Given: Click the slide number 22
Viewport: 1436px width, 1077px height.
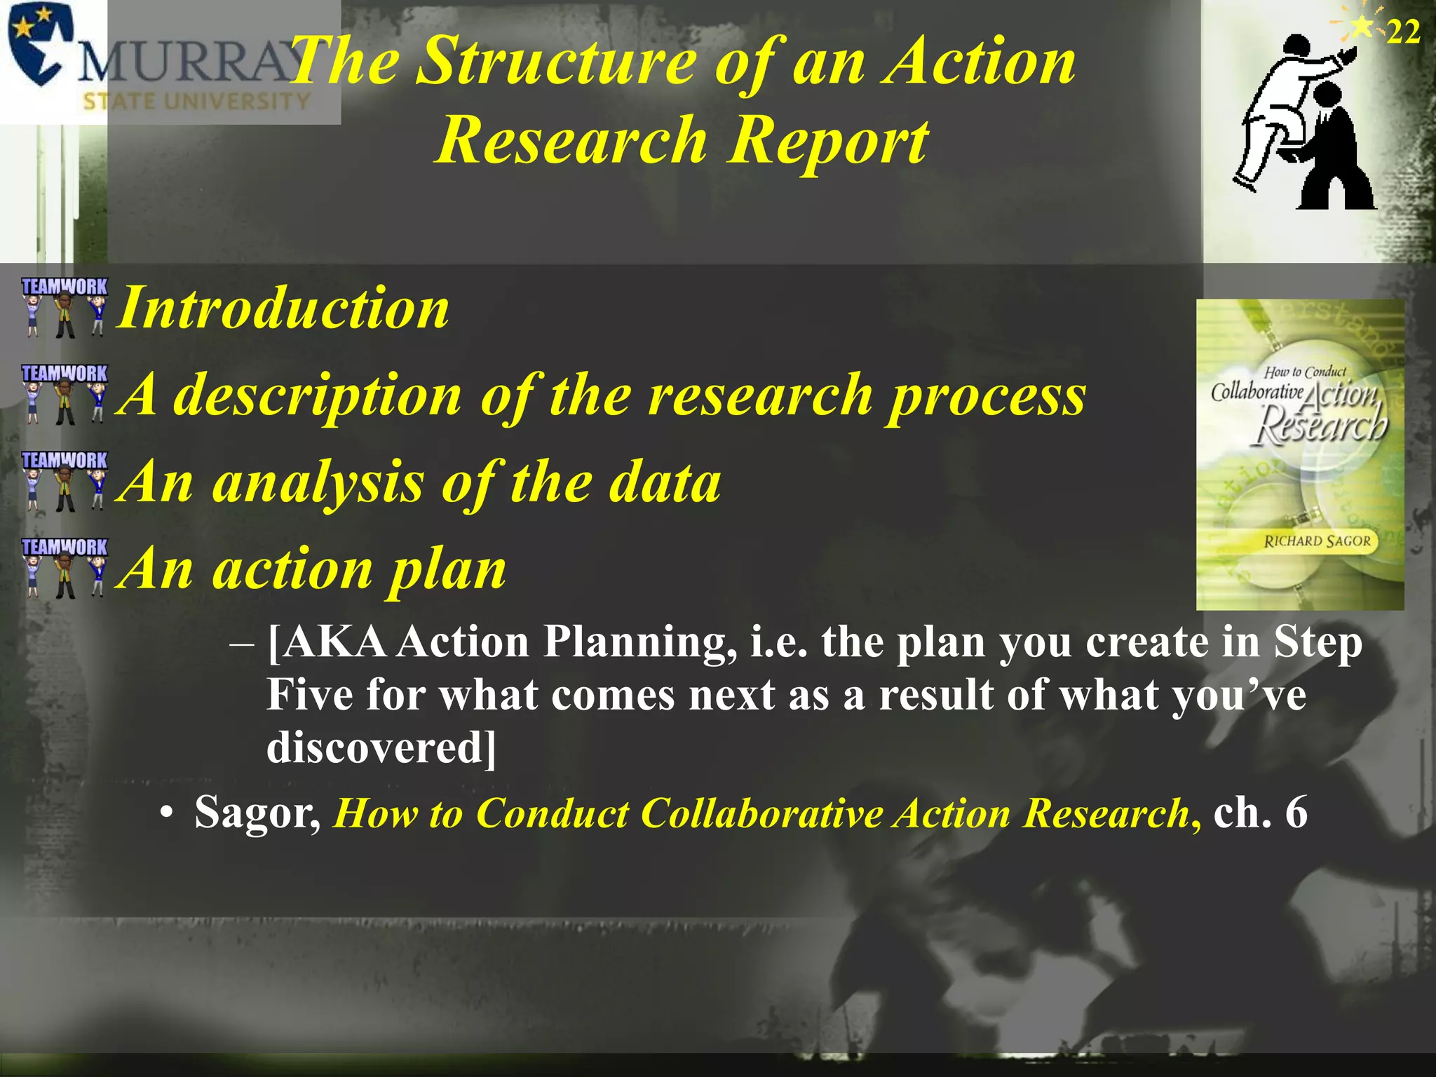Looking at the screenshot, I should pyautogui.click(x=1403, y=32).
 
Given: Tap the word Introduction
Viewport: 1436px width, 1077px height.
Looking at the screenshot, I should pyautogui.click(x=283, y=309).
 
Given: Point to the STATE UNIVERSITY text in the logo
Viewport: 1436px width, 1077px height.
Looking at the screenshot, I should pyautogui.click(x=196, y=102).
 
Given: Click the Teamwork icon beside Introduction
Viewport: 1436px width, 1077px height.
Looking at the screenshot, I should pyautogui.click(x=65, y=307).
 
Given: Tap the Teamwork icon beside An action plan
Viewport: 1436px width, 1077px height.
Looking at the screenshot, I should pyautogui.click(x=65, y=567).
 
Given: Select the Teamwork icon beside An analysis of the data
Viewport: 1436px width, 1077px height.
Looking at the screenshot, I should pyautogui.click(x=65, y=481).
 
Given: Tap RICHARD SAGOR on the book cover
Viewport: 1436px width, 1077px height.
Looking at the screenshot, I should pyautogui.click(x=1316, y=541).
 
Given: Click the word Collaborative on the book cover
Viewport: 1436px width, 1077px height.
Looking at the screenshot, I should pyautogui.click(x=1256, y=391).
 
